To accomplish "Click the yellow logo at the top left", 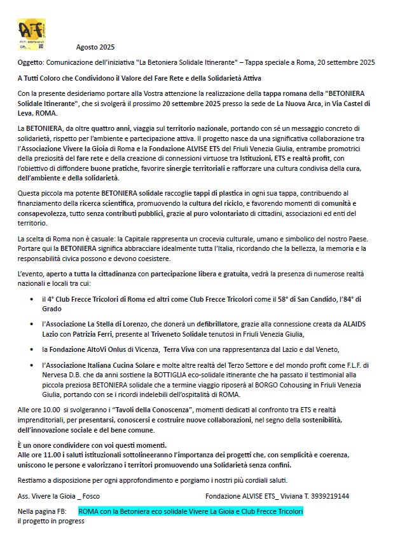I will tap(31, 34).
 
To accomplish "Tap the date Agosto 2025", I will tap(95, 47).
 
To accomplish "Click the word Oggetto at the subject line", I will tap(31, 62).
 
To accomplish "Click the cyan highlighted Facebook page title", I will tap(191, 511).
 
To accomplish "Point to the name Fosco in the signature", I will tap(90, 496).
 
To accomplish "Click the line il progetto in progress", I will tap(51, 521).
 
